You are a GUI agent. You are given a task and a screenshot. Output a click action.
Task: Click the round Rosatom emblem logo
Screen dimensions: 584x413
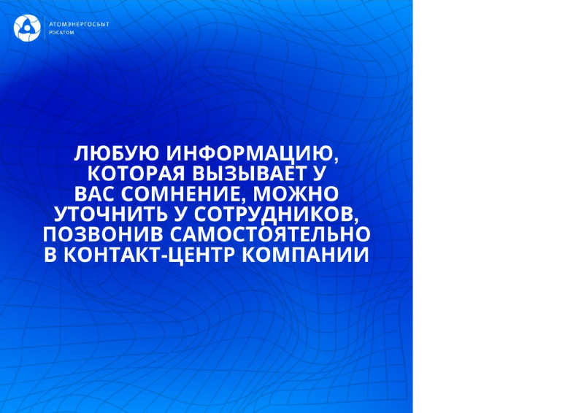point(27,28)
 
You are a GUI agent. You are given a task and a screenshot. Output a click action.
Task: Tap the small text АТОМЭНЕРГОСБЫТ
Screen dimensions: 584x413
point(79,25)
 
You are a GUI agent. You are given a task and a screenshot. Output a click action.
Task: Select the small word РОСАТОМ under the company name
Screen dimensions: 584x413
point(61,33)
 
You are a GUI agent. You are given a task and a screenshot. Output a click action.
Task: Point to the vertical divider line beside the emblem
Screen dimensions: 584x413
point(45,28)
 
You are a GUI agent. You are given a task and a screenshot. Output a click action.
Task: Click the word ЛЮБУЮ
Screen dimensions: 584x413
point(117,153)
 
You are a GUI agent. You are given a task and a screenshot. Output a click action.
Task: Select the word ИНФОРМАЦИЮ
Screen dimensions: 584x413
point(252,153)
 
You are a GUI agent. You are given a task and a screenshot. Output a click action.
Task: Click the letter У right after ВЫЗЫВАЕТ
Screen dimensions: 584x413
point(320,173)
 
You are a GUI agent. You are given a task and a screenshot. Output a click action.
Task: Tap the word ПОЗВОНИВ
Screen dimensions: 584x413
point(103,235)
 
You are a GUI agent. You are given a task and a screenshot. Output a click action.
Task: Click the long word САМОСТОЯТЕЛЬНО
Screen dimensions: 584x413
point(270,235)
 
